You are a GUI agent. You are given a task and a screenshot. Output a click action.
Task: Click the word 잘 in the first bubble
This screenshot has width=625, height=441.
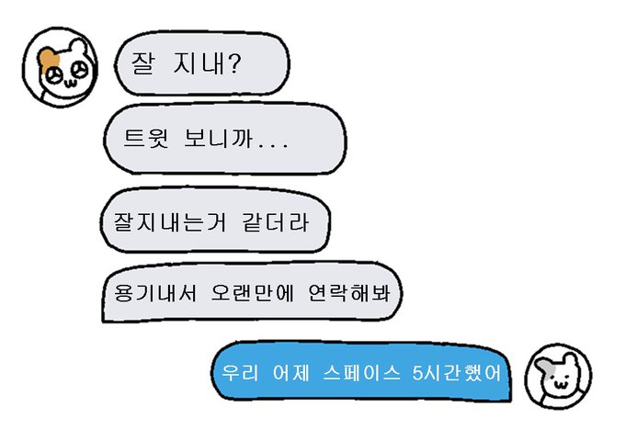click(144, 64)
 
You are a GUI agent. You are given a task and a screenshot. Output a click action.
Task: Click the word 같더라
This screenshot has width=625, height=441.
click(262, 221)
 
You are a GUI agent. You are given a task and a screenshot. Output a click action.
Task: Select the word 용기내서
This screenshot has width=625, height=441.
click(141, 292)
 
